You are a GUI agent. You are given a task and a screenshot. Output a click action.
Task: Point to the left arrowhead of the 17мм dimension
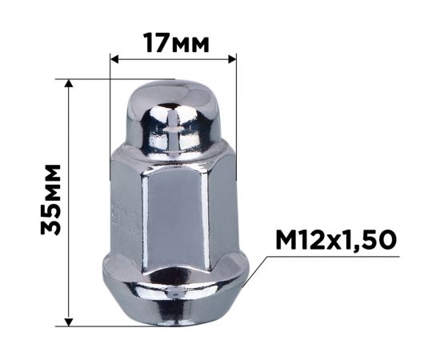(x=114, y=59)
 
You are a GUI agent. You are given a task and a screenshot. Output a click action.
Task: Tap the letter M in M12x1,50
(x=286, y=240)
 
